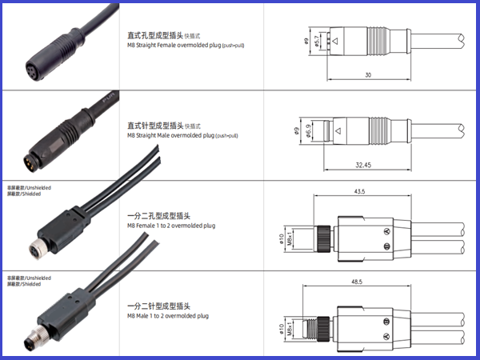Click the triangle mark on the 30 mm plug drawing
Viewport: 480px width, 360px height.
[x=336, y=41]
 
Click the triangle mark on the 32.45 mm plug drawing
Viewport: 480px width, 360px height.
[x=339, y=131]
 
